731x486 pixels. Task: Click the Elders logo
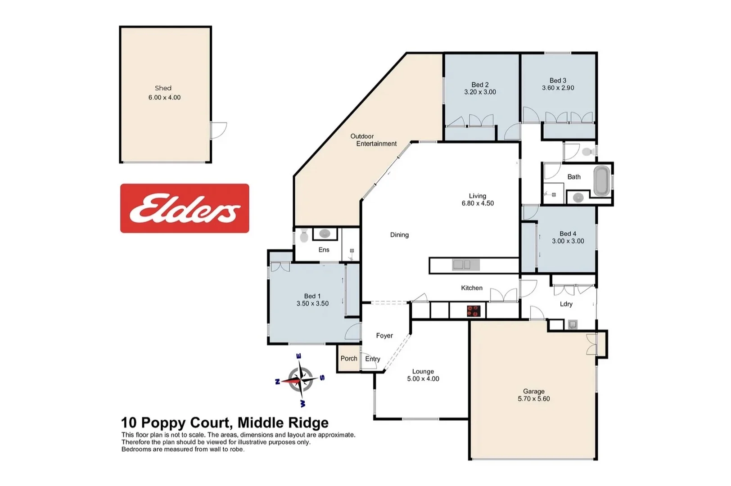tap(185, 208)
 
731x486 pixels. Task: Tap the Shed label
tap(163, 88)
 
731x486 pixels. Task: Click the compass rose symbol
tap(300, 379)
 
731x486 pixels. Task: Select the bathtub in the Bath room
tap(601, 181)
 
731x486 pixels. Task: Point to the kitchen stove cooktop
tap(473, 310)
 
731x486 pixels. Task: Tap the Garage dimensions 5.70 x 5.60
tap(534, 399)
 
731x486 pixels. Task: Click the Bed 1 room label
tap(312, 296)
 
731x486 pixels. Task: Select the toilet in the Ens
tap(304, 236)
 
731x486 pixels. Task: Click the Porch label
tap(349, 358)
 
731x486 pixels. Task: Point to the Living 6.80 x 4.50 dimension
tap(478, 203)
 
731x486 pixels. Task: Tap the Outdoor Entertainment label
tap(374, 140)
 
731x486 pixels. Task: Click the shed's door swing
tap(219, 130)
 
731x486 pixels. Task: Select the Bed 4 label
tap(568, 234)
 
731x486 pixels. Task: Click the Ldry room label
tap(566, 304)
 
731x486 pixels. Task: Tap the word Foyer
tap(384, 335)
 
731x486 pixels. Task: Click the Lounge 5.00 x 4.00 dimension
tap(423, 379)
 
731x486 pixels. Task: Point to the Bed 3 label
tap(558, 81)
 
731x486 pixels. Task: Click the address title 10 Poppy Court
tap(176, 423)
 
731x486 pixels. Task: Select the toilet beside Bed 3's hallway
tap(587, 152)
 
